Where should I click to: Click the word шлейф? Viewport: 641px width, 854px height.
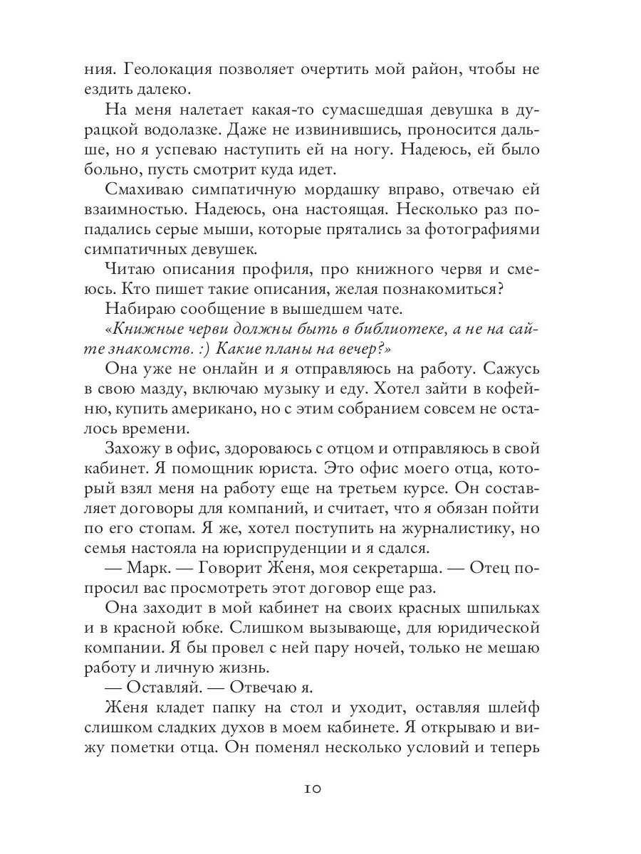tap(516, 710)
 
